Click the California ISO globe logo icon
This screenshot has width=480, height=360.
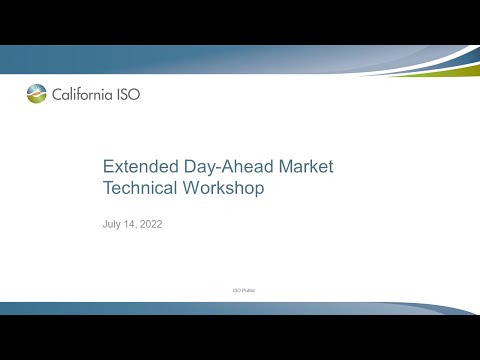point(36,94)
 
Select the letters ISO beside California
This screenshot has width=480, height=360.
point(126,95)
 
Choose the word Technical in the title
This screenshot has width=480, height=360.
point(139,188)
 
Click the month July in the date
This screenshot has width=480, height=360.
point(112,224)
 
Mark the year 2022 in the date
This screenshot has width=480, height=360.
point(152,224)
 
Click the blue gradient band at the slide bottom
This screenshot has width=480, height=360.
point(240,308)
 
